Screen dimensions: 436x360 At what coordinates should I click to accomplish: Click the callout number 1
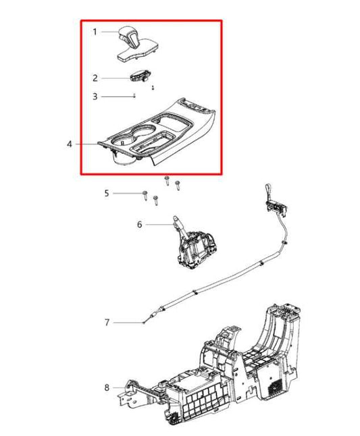tap(95, 32)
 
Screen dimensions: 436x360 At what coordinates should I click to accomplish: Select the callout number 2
tap(95, 78)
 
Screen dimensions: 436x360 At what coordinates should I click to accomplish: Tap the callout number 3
tap(95, 97)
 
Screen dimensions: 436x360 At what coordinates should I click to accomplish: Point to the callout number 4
tap(70, 144)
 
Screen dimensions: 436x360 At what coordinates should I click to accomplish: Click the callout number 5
tap(106, 194)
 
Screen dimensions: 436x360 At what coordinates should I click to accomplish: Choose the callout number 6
tap(140, 224)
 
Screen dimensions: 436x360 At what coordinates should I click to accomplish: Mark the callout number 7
tap(107, 323)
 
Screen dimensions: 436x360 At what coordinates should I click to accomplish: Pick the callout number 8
tap(107, 387)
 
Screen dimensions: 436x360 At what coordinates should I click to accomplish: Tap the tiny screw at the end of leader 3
tap(136, 96)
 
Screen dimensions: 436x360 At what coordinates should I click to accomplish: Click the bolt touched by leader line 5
tap(145, 195)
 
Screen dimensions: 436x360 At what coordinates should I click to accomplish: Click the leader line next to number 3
tap(118, 97)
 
